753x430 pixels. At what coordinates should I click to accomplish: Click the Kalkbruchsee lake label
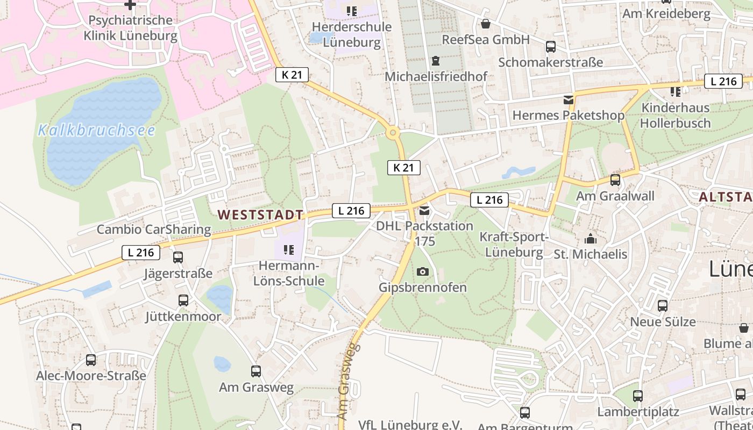(97, 131)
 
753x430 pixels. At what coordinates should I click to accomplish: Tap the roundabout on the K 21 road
(393, 132)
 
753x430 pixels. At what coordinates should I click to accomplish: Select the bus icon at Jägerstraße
(178, 257)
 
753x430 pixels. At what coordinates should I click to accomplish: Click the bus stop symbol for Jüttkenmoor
(183, 300)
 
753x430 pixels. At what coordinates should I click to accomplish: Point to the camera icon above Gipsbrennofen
(423, 271)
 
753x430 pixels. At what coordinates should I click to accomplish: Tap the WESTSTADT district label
(260, 215)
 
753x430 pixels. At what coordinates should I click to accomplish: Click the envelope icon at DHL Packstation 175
(424, 211)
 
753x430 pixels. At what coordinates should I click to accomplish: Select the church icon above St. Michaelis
(591, 239)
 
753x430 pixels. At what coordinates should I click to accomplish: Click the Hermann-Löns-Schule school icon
(288, 250)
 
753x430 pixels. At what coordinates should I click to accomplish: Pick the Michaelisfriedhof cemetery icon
(436, 61)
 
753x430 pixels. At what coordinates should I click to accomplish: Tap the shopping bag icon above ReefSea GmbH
(486, 24)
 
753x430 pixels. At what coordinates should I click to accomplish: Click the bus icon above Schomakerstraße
(551, 47)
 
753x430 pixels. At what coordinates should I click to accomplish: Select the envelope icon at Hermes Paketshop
(568, 99)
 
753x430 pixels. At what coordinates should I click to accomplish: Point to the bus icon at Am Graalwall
(615, 180)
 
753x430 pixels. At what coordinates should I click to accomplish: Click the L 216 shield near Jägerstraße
(141, 253)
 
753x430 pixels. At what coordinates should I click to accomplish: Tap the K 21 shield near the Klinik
(292, 75)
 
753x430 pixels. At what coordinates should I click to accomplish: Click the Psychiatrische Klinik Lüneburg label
(130, 28)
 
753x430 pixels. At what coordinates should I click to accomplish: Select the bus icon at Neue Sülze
(663, 306)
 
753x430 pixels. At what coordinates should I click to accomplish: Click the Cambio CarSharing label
(154, 230)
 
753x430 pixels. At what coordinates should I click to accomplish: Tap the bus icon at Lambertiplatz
(638, 396)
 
